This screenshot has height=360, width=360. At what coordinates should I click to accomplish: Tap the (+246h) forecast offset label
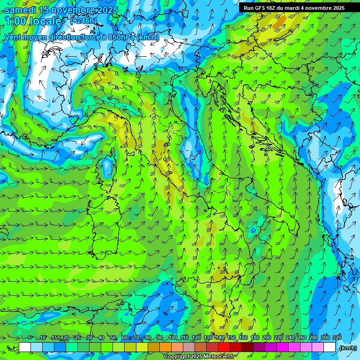[83, 21]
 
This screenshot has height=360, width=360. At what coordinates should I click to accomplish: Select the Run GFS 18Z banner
[293, 8]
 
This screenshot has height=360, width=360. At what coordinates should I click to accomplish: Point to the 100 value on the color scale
[173, 338]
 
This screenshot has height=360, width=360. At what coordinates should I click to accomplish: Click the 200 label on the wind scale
[267, 338]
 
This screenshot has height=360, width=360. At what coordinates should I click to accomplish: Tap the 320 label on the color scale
[337, 338]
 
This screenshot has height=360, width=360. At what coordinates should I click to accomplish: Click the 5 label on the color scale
[30, 338]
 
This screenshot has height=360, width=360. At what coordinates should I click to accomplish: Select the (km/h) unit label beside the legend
[348, 348]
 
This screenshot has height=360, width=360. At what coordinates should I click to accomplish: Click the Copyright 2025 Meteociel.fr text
[199, 357]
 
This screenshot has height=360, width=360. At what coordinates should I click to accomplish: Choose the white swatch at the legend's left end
[25, 347]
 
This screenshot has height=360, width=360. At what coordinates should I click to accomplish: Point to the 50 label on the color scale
[113, 338]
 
